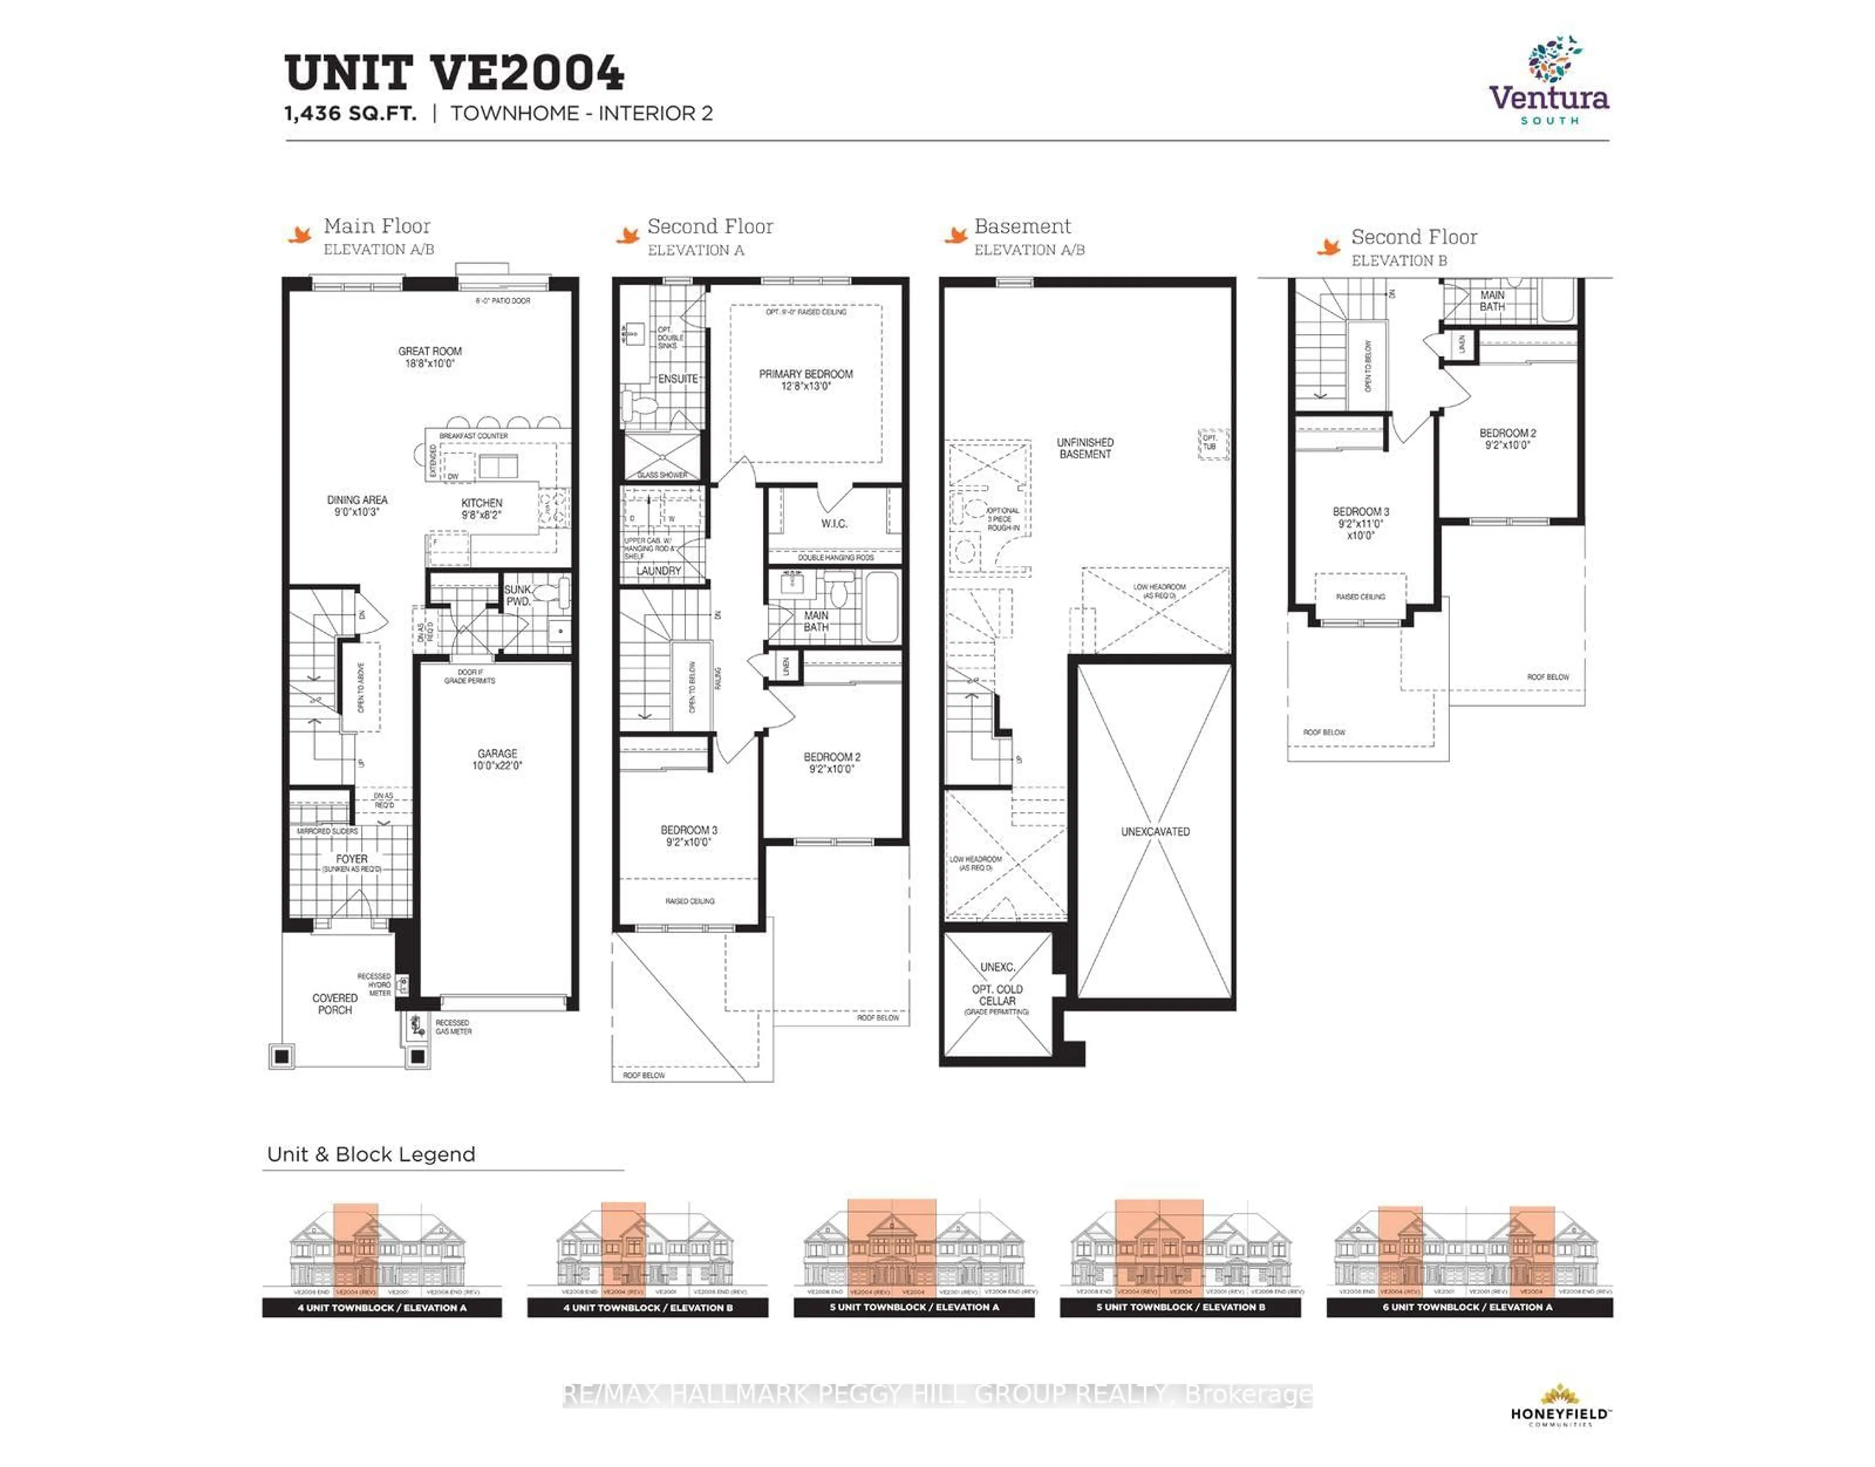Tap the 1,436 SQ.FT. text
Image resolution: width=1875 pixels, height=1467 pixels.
point(351,113)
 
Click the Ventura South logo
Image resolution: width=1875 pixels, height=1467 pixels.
point(1549,82)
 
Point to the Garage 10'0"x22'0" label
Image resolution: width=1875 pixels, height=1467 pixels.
point(497,759)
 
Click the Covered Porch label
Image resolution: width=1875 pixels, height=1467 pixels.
point(335,1004)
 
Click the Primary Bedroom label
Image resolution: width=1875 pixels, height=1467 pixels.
point(806,380)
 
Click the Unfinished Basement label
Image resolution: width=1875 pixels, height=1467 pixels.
point(1085,448)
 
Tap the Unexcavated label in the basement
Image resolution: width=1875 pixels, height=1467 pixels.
point(1155,831)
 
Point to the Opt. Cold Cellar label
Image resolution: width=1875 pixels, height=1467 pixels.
point(997,994)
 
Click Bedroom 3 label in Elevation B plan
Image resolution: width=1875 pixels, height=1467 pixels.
point(1360,522)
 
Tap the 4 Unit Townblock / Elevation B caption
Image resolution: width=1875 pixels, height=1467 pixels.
point(647,1307)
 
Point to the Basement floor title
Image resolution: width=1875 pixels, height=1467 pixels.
point(1022,227)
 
